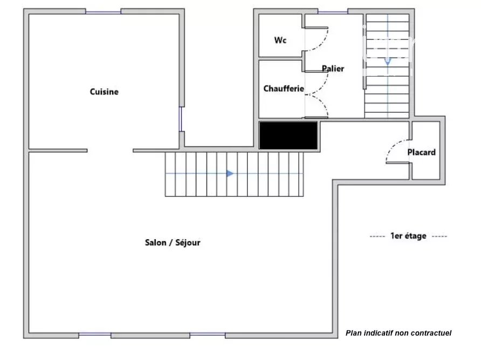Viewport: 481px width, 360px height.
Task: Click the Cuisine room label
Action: click(104, 92)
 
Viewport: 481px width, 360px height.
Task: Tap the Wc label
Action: click(280, 40)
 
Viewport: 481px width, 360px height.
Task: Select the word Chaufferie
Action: click(284, 89)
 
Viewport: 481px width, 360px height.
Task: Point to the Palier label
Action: click(333, 69)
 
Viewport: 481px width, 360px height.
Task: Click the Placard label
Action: click(422, 152)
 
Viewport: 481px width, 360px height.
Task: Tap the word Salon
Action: click(155, 242)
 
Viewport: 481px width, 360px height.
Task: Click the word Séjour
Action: click(188, 243)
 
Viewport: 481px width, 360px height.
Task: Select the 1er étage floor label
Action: click(408, 236)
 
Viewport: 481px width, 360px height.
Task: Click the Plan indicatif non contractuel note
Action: click(398, 333)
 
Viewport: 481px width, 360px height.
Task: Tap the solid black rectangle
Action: click(288, 135)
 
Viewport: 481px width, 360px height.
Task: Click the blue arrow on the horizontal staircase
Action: click(230, 174)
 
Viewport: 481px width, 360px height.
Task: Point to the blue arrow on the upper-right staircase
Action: click(388, 61)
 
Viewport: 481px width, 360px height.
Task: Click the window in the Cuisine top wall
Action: click(104, 12)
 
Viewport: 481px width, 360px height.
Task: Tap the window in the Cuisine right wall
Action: click(181, 119)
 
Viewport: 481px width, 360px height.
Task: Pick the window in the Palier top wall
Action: click(333, 12)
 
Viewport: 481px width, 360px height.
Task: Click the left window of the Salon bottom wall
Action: click(95, 334)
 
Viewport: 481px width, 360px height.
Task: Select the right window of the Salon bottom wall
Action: click(208, 334)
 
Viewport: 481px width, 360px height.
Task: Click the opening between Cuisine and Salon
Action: click(110, 151)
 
